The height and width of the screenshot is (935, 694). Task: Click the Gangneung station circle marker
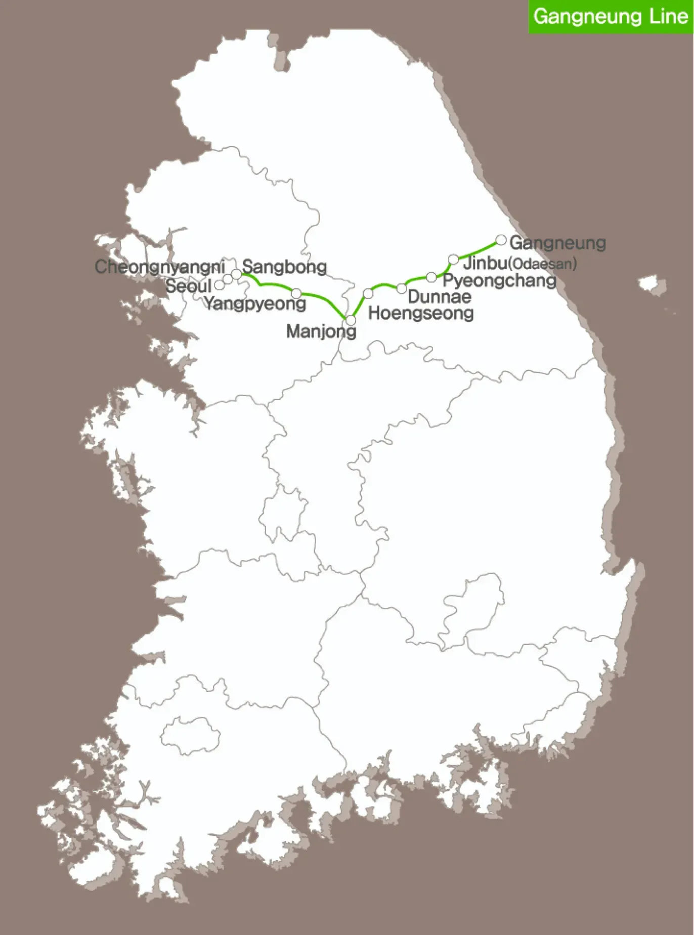click(501, 240)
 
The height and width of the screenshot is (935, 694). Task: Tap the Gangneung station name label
click(557, 243)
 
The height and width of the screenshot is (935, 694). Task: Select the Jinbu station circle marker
click(454, 260)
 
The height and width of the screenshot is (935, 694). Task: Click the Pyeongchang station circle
click(431, 277)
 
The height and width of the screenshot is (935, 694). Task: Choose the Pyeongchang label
click(499, 280)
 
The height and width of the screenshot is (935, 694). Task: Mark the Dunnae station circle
click(402, 288)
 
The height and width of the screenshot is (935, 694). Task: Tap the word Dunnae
click(439, 296)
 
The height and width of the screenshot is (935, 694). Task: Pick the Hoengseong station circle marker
click(368, 293)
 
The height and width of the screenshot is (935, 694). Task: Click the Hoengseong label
click(421, 313)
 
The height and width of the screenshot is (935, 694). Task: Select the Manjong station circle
click(351, 320)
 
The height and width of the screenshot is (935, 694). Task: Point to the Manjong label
click(321, 331)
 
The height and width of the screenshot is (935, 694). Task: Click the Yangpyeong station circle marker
click(296, 293)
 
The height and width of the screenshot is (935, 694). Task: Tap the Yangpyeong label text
click(255, 304)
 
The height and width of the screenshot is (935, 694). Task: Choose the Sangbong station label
click(284, 267)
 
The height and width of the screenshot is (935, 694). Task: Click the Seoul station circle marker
click(220, 285)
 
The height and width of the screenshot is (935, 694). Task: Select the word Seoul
click(188, 286)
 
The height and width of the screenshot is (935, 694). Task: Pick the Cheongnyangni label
click(160, 267)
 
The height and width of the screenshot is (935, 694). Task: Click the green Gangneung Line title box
click(611, 17)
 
